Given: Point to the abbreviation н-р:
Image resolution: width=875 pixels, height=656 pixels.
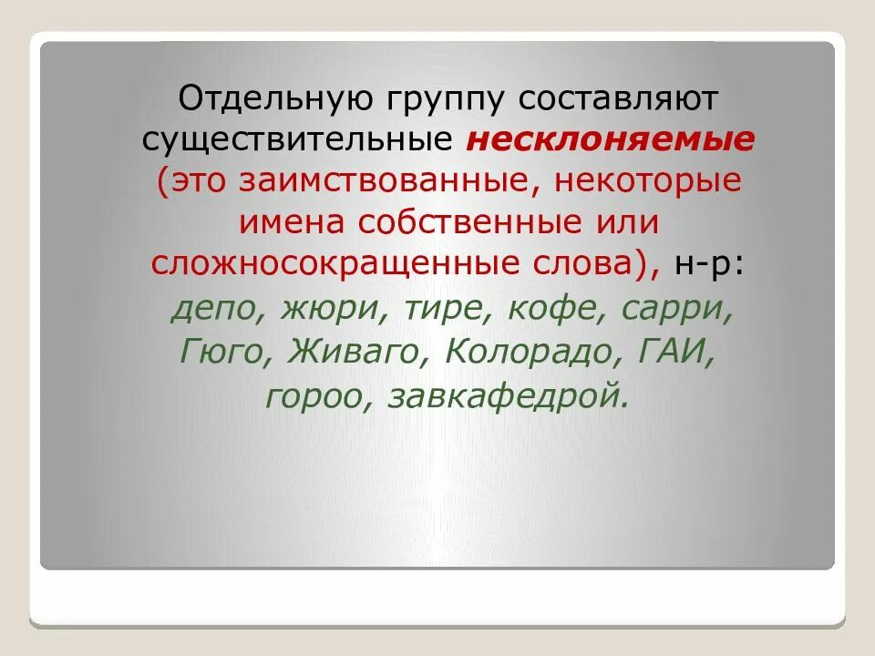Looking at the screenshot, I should pyautogui.click(x=710, y=263).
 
